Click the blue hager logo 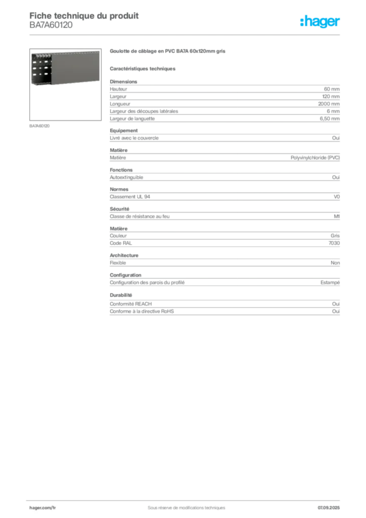tap(321, 22)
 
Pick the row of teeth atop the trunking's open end tap(40, 54)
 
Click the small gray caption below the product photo tap(40, 125)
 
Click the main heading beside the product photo tap(167, 51)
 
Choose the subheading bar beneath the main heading tap(143, 68)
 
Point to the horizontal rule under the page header tap(186, 34)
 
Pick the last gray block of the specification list tap(224, 305)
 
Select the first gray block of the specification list tap(224, 91)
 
